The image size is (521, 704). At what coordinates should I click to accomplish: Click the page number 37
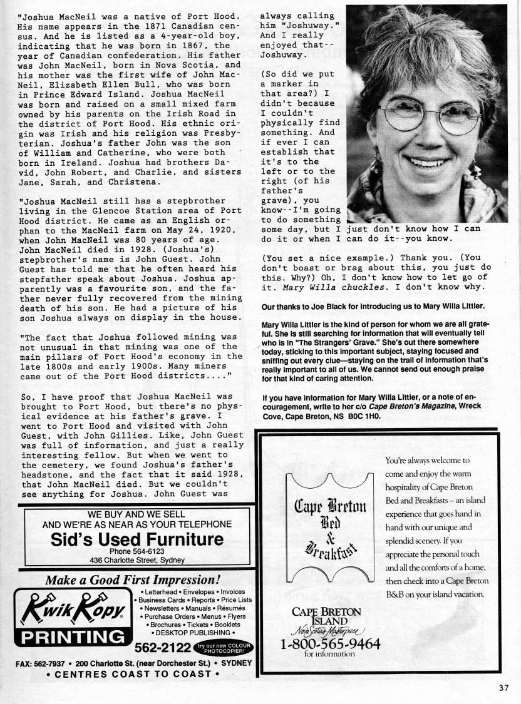click(x=505, y=688)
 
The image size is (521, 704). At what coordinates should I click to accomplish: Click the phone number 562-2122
click(x=163, y=646)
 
